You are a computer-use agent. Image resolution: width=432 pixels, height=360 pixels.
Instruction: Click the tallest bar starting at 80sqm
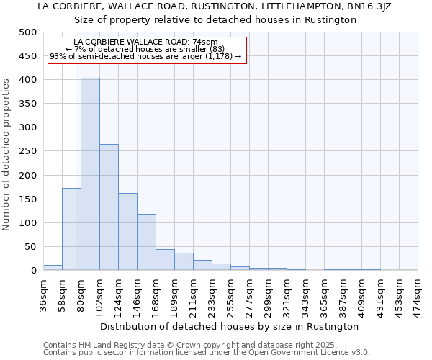pos(90,174)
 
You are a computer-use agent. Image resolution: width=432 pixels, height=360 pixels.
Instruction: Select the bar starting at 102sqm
pos(109,207)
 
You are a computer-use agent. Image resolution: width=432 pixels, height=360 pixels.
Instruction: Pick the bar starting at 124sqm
pos(127,232)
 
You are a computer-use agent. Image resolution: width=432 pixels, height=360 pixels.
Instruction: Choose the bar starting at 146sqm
pos(146,242)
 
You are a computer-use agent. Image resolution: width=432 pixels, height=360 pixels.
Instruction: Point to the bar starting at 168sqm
pos(165,260)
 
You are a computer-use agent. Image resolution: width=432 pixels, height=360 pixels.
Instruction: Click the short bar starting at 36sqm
pos(53,268)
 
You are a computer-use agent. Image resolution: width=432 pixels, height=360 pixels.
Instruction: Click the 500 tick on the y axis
pos(27,32)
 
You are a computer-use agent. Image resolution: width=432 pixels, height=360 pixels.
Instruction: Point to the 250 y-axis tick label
pos(27,151)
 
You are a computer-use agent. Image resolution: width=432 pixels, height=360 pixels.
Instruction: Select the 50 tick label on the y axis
pos(30,247)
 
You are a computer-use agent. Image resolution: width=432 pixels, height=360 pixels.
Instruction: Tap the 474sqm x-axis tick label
pos(418,296)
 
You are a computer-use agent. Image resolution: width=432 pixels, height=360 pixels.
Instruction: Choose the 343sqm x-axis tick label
pos(305,296)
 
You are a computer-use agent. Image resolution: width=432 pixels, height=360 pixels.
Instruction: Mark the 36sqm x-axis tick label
pos(43,296)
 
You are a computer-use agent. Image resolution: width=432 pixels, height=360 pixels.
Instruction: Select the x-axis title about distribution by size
pos(230,326)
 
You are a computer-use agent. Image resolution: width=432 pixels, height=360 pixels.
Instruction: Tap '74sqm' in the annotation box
pos(215,42)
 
